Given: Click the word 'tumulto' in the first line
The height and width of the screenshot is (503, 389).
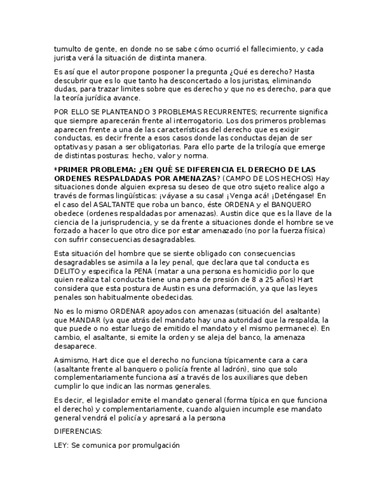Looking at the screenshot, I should tap(66, 49).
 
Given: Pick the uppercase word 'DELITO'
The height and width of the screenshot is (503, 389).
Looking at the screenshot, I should tap(67, 271).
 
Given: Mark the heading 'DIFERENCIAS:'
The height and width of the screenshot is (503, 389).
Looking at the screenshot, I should tap(78, 431).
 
